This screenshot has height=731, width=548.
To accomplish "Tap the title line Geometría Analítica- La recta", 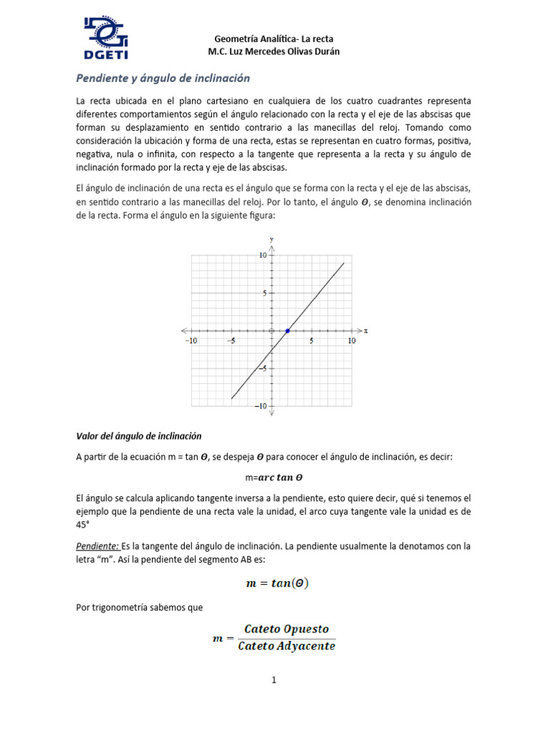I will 274,38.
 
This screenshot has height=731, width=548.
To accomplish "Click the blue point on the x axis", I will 288,331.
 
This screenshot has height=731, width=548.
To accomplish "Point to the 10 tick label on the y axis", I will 263,255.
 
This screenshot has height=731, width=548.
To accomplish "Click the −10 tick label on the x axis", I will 191,341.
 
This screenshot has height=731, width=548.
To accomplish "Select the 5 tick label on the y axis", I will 265,293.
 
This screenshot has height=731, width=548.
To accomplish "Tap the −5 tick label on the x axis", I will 230,341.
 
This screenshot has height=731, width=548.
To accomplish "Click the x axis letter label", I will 365,331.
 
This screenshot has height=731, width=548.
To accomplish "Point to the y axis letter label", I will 272,238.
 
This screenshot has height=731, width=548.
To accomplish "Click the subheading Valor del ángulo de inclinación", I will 138,435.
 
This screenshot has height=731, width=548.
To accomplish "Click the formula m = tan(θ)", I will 277,583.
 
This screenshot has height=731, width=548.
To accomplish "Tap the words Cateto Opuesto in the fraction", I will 286,629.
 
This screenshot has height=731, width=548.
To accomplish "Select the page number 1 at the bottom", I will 273,680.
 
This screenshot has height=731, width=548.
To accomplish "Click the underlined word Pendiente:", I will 98,546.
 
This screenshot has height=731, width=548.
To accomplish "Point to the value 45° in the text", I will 83,525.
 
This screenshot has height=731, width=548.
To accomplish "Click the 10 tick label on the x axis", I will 351,341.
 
